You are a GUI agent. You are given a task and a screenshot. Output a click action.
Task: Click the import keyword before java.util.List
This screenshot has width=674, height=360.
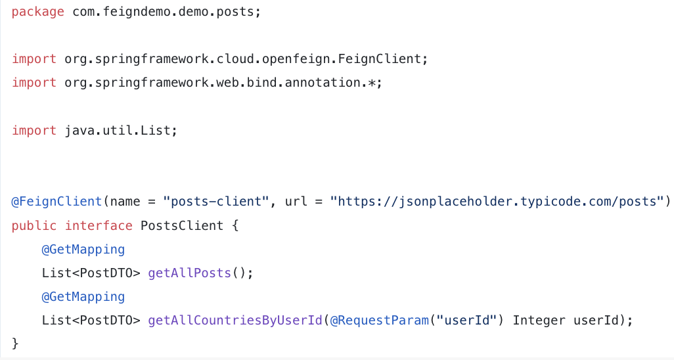click(34, 130)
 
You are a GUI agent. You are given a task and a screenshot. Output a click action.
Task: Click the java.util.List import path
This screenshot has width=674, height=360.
click(119, 130)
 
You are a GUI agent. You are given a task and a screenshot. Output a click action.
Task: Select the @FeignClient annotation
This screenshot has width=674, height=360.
click(56, 201)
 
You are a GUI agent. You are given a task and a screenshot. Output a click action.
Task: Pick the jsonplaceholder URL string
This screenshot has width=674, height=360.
click(498, 201)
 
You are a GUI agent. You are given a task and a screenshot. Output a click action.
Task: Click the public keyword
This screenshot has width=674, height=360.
click(34, 225)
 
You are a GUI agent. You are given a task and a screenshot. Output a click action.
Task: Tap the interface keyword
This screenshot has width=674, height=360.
click(99, 225)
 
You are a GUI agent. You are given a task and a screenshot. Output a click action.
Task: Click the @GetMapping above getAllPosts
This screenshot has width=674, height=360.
click(83, 249)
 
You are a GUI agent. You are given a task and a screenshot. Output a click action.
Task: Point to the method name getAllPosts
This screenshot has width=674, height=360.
click(190, 273)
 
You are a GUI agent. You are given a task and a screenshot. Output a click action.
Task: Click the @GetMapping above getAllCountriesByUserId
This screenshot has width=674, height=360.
click(83, 296)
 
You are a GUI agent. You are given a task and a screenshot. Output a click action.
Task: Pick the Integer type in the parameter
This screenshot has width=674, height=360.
click(539, 321)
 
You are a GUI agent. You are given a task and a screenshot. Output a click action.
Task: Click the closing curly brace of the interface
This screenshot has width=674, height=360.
click(16, 344)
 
